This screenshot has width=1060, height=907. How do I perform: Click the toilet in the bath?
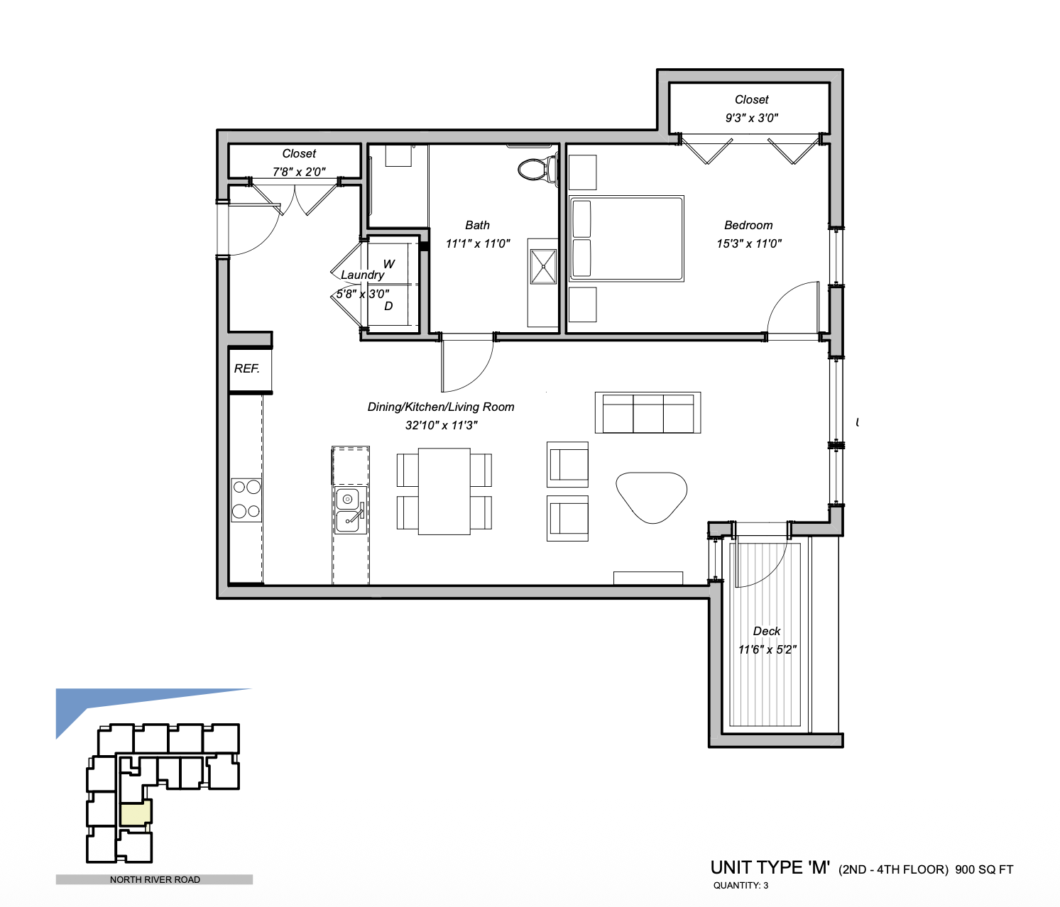pyautogui.click(x=538, y=168)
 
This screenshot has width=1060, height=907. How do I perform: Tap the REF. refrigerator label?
pyautogui.click(x=247, y=368)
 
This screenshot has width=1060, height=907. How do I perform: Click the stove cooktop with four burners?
pyautogui.click(x=246, y=500)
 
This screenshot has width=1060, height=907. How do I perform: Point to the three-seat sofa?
pyautogui.click(x=648, y=413)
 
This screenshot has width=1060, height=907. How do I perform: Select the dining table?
pyautogui.click(x=444, y=492)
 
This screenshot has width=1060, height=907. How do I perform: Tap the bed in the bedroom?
pyautogui.click(x=626, y=238)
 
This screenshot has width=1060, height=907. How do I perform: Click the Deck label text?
pyautogui.click(x=767, y=631)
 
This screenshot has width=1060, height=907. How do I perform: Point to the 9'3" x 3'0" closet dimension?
pyautogui.click(x=751, y=118)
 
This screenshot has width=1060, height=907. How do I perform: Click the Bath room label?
pyautogui.click(x=477, y=225)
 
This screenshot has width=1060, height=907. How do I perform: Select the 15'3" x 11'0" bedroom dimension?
pyautogui.click(x=749, y=243)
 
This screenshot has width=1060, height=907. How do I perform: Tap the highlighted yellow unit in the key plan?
pyautogui.click(x=136, y=813)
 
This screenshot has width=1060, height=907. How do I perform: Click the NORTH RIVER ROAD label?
pyautogui.click(x=155, y=880)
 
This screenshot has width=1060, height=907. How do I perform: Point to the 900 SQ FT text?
pyautogui.click(x=984, y=869)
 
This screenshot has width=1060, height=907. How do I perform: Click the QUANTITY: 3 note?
pyautogui.click(x=741, y=886)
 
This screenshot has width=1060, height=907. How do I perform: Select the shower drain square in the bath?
pyautogui.click(x=543, y=267)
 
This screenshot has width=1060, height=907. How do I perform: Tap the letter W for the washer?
pyautogui.click(x=389, y=264)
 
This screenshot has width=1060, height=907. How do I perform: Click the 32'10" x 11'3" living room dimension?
pyautogui.click(x=441, y=425)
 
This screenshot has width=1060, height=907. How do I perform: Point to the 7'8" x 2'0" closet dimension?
pyautogui.click(x=299, y=172)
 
